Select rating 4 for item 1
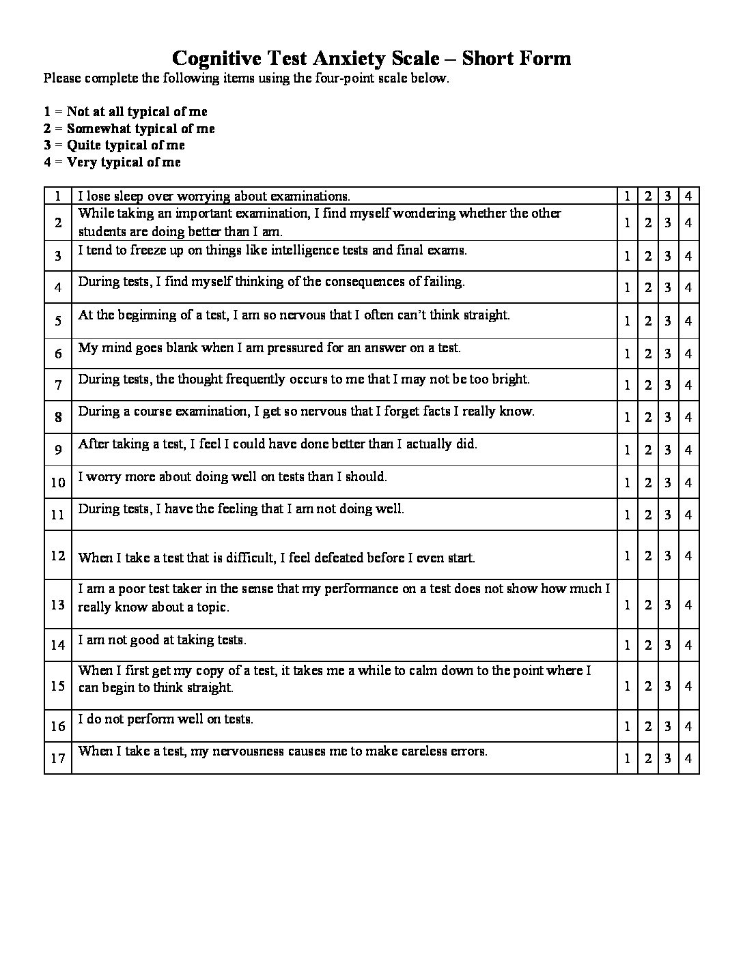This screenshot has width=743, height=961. pos(688,197)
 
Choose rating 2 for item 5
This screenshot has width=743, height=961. pos(648,321)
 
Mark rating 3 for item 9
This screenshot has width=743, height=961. pos(668,450)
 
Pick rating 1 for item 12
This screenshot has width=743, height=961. pos(627,556)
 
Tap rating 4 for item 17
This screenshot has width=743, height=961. pos(688,758)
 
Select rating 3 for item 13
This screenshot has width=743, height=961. pos(668,605)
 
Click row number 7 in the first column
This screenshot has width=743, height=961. pos(58,386)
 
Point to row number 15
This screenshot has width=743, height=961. pos(58,685)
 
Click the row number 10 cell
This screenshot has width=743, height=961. pos(58,483)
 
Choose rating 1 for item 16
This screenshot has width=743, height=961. pos(627,726)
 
